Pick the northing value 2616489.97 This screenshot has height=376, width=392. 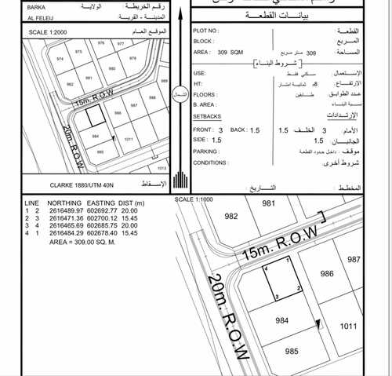pos(66,211)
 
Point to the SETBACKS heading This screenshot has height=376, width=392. pos(208,115)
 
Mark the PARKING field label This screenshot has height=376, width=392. pos(205,151)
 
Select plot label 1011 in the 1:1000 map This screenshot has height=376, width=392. pos(349,326)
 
